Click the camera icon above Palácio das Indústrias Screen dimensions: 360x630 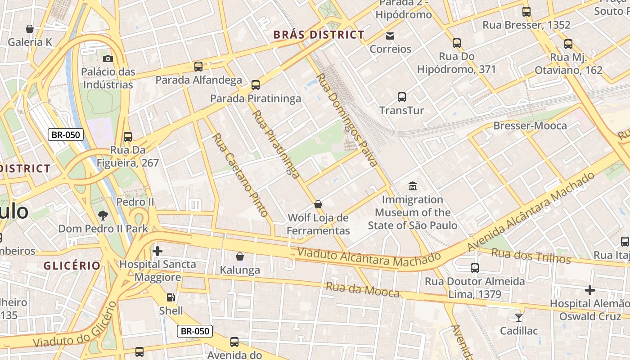click(108, 58)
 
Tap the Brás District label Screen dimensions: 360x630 click(319, 35)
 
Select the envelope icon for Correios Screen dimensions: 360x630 click(390, 36)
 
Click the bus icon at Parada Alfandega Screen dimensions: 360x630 click(198, 67)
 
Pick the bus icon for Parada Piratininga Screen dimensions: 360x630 click(256, 85)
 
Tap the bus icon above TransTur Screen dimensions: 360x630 click(402, 97)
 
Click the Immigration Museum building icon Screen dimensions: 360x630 click(412, 186)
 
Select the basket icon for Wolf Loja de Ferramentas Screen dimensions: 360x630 click(318, 204)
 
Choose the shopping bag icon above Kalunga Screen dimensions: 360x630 click(240, 256)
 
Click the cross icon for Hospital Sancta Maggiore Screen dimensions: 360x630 click(157, 251)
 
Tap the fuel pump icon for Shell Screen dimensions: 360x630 click(171, 297)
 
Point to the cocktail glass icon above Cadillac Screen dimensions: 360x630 click(519, 317)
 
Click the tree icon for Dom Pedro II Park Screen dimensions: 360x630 click(103, 215)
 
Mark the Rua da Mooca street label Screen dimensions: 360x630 click(362, 290)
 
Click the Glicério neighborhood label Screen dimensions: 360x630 click(72, 265)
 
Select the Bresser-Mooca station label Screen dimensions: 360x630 click(530, 126)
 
